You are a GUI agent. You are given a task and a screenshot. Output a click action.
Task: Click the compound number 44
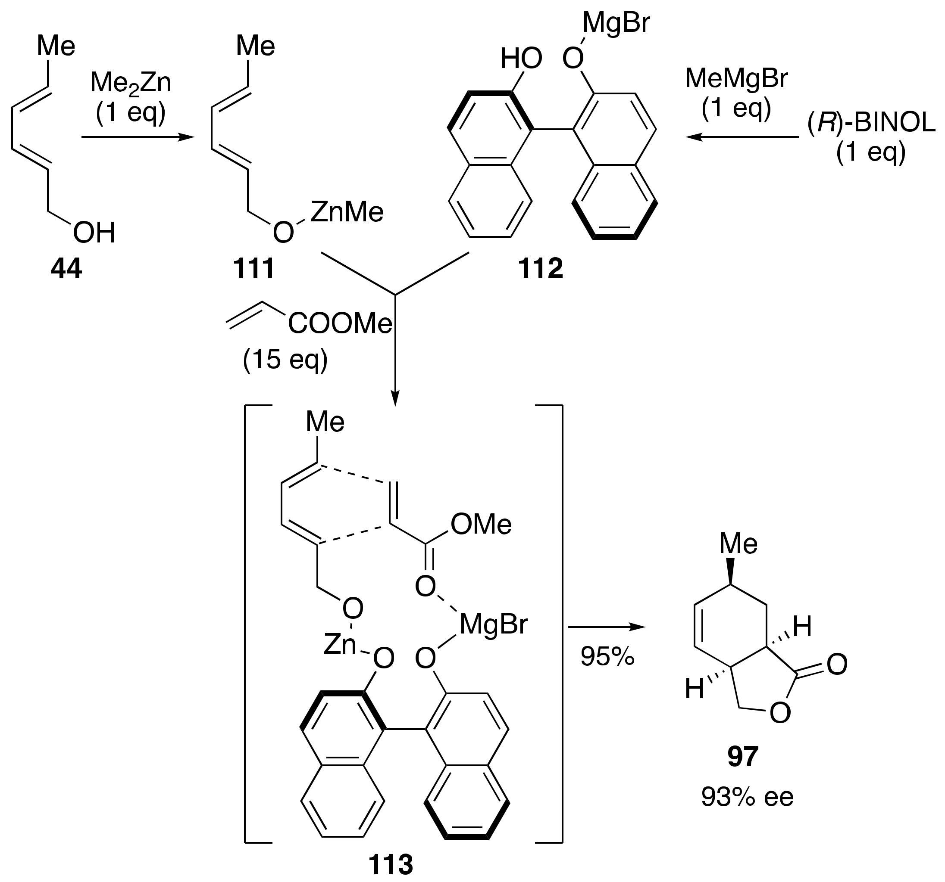(x=66, y=269)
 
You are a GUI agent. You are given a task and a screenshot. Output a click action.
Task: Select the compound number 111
(x=253, y=269)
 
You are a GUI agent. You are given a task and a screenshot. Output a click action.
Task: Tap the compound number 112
(x=541, y=269)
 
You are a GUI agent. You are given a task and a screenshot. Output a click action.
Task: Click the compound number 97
(x=742, y=757)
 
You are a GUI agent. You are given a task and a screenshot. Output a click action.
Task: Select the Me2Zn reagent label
(x=130, y=83)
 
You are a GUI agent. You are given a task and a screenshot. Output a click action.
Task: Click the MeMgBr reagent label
(x=736, y=78)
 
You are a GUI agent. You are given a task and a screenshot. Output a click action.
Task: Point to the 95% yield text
(x=607, y=657)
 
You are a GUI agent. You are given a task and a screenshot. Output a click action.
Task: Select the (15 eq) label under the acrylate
(x=285, y=360)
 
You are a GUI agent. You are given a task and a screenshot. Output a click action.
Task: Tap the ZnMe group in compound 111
(x=347, y=212)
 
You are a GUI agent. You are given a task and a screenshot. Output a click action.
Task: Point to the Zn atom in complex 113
(x=339, y=645)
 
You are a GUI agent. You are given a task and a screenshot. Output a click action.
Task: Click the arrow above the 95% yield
(x=607, y=627)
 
